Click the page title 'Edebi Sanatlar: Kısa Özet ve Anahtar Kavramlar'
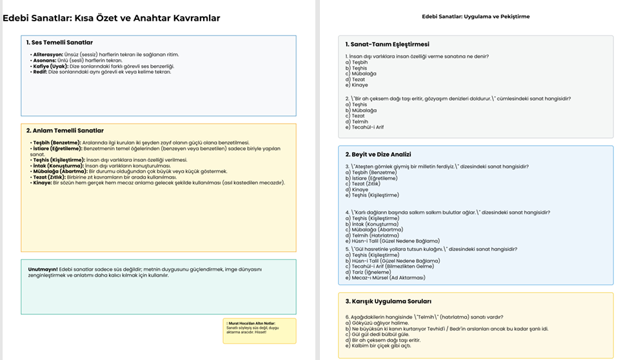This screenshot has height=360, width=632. [x=111, y=18]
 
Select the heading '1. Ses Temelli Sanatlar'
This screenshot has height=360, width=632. [x=55, y=42]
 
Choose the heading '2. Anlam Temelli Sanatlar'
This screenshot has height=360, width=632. [x=65, y=131]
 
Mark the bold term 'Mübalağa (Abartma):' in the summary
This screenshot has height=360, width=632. [x=59, y=171]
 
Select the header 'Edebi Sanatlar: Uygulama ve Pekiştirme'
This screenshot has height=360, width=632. [x=475, y=16]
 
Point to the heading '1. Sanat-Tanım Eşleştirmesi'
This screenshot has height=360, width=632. [x=387, y=45]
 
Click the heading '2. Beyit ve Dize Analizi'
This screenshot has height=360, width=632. [x=378, y=154]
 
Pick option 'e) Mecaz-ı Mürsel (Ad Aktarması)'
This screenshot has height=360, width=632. [x=385, y=277]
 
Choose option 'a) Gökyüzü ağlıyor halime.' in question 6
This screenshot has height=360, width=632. [x=377, y=323]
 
